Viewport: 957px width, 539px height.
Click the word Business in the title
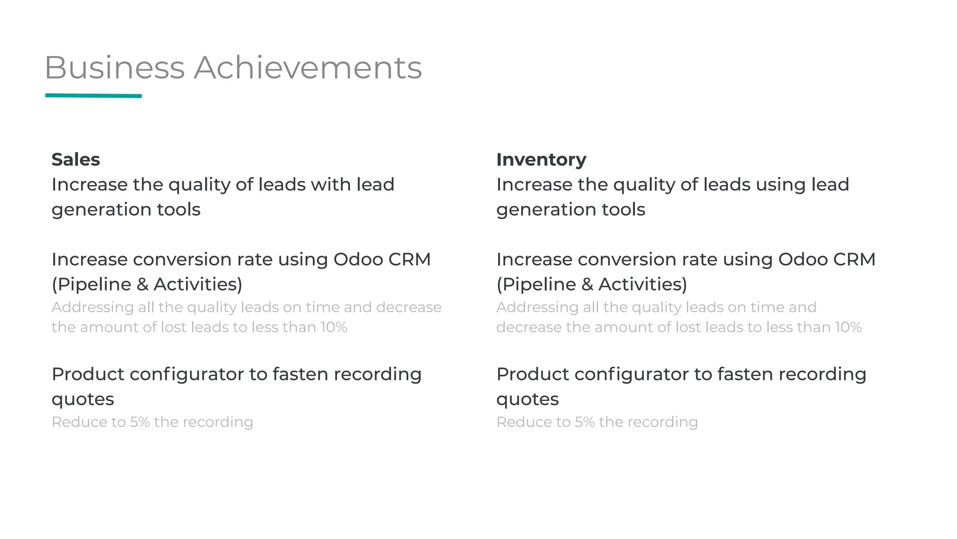click(x=114, y=68)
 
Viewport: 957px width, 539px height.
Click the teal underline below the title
click(x=93, y=96)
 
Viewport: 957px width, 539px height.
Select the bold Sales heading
click(x=76, y=160)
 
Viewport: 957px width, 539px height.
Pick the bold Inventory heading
click(x=541, y=160)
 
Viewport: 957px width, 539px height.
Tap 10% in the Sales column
click(x=334, y=327)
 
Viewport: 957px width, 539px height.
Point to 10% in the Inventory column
click(x=848, y=327)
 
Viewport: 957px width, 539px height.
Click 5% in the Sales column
click(x=140, y=422)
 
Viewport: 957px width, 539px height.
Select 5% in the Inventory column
click(x=585, y=422)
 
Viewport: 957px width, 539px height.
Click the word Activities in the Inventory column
click(x=643, y=284)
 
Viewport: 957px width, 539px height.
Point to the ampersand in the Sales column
click(x=143, y=284)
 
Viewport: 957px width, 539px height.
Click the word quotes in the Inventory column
click(x=527, y=400)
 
